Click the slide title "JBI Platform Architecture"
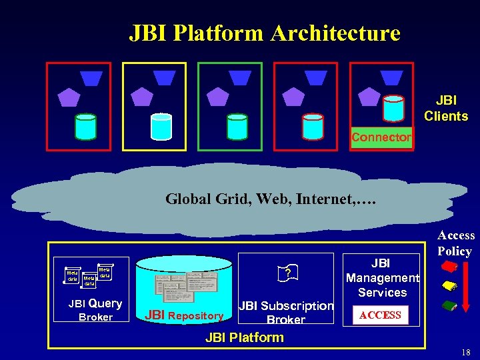point(265,33)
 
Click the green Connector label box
point(381,137)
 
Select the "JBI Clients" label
point(446,108)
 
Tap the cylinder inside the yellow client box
point(161,126)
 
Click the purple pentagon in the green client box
point(217,97)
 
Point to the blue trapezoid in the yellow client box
point(164,78)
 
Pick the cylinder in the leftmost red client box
point(85,126)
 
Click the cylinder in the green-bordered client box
point(237,126)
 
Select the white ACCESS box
point(380,315)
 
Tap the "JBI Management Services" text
point(382,278)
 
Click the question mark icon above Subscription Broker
point(286,273)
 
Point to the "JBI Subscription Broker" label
point(286,313)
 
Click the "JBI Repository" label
point(184,315)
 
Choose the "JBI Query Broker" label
point(95,310)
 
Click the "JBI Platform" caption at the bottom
point(245,337)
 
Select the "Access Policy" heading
point(456,243)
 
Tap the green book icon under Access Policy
point(449,306)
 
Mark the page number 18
point(465,352)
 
